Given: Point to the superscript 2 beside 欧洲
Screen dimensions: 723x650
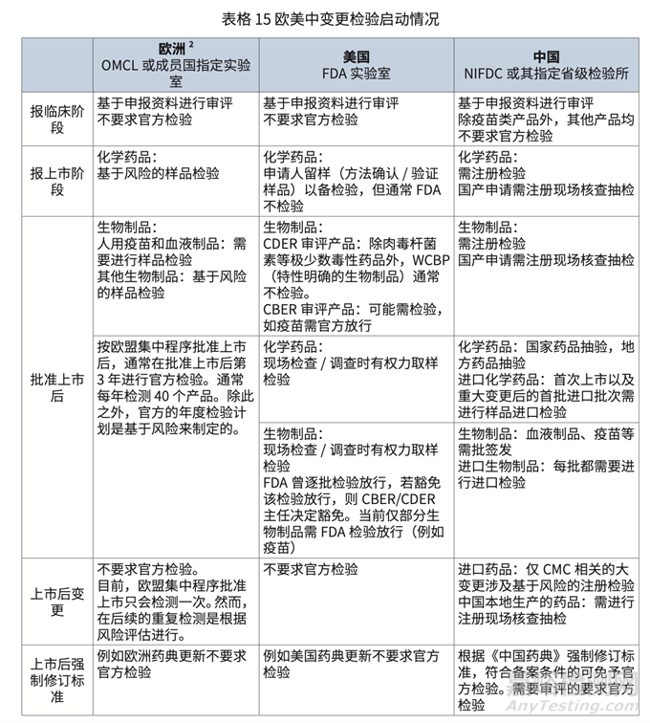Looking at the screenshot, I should (193, 46).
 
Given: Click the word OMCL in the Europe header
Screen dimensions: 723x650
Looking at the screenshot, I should (121, 65).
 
